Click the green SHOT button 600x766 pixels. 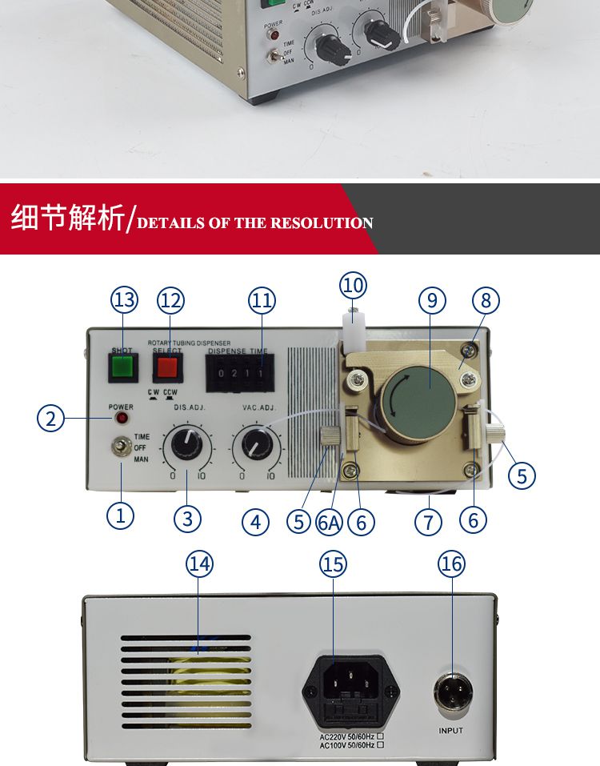(122, 367)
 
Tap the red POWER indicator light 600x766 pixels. (122, 418)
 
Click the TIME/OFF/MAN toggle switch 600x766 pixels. (122, 447)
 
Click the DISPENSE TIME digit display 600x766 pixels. (238, 374)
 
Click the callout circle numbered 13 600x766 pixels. (124, 300)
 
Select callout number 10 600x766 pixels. (353, 285)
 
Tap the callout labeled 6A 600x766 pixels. (329, 522)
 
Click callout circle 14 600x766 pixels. (200, 563)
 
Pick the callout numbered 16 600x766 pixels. (451, 563)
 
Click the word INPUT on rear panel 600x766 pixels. (450, 731)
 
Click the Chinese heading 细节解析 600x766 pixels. (67, 218)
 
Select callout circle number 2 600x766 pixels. (51, 418)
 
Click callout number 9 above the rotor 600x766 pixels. (432, 300)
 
